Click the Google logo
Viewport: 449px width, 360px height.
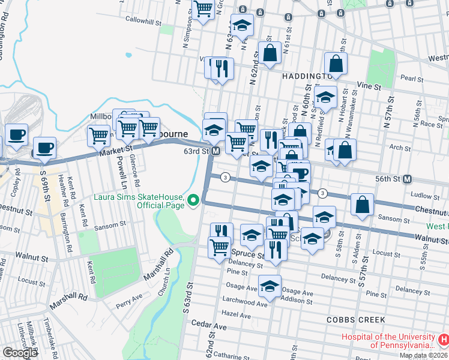click(x=20, y=353)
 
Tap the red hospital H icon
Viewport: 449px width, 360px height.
click(x=443, y=340)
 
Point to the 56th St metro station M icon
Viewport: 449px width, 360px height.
click(x=407, y=179)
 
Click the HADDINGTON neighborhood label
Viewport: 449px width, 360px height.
click(x=306, y=77)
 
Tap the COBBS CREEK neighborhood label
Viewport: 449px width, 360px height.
click(x=351, y=320)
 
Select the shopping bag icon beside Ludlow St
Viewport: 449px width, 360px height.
click(x=363, y=205)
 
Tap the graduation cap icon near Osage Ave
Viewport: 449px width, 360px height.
click(x=270, y=286)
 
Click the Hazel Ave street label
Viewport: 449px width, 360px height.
click(x=235, y=313)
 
